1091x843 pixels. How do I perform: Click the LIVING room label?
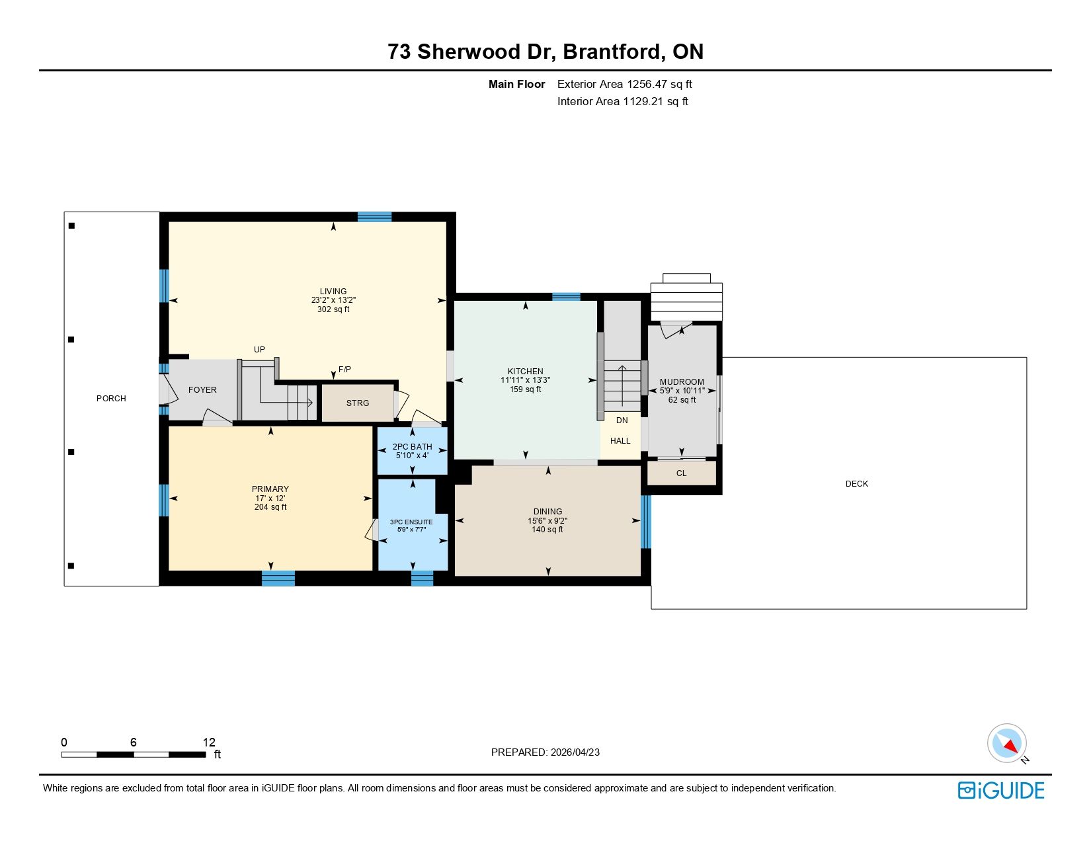(x=333, y=291)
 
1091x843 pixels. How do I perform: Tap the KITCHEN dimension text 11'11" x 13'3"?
(x=525, y=380)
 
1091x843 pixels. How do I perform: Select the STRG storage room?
(x=358, y=403)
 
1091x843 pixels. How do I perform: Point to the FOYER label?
(x=202, y=389)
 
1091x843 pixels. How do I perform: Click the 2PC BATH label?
(x=412, y=446)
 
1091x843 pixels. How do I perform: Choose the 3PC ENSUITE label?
(x=411, y=522)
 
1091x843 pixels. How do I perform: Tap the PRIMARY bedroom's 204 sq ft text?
(x=270, y=507)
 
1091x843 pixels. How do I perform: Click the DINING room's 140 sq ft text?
(x=547, y=529)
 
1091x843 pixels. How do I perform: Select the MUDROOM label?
(x=681, y=381)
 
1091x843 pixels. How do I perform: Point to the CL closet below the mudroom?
(x=681, y=473)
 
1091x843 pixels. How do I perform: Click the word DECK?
(x=856, y=483)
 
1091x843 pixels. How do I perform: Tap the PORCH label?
(x=111, y=398)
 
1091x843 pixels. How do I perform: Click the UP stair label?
(x=259, y=350)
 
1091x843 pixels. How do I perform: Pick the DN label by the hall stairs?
(x=622, y=421)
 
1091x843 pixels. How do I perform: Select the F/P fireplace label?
(x=344, y=369)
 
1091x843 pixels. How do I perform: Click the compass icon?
(x=1006, y=743)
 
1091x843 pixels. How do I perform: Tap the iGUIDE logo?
(x=1000, y=790)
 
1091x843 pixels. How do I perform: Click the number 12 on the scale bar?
(x=209, y=742)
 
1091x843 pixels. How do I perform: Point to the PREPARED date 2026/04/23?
(x=575, y=752)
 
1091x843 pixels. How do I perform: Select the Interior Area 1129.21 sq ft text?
(x=622, y=101)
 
